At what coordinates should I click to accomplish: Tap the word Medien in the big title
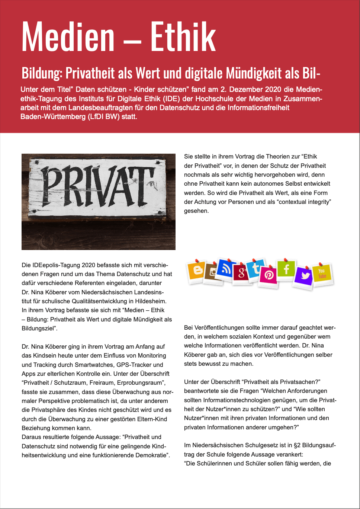point(68,36)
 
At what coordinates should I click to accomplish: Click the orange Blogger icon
point(197,270)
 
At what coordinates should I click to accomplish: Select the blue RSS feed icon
point(225,269)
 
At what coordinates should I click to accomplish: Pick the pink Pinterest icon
point(269,275)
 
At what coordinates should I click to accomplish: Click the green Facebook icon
point(286,269)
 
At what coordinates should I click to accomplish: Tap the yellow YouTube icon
point(322,274)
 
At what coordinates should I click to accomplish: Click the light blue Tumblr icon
point(256,268)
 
